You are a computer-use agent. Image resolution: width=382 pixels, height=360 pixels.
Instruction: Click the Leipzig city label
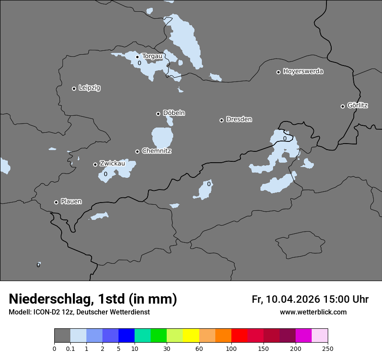pyautogui.click(x=89, y=88)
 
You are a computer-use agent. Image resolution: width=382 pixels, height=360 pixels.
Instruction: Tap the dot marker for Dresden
pyautogui.click(x=221, y=120)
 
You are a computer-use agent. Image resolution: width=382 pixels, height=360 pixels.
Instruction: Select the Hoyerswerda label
pyautogui.click(x=303, y=72)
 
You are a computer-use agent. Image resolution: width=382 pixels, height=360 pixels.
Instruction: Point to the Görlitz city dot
pyautogui.click(x=342, y=106)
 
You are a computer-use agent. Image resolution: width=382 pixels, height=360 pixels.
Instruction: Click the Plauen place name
pyautogui.click(x=71, y=202)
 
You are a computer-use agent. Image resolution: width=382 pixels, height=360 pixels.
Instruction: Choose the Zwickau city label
pyautogui.click(x=112, y=164)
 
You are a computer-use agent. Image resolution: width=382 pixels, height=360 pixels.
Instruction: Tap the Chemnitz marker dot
pyautogui.click(x=137, y=151)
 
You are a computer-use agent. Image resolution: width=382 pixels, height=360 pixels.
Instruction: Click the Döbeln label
pyautogui.click(x=174, y=113)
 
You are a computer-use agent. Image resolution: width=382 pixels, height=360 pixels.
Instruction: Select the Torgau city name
pyautogui.click(x=152, y=56)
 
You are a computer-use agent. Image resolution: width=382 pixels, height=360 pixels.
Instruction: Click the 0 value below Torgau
pyautogui.click(x=139, y=63)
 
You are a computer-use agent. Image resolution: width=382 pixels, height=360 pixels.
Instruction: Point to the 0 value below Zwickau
pyautogui.click(x=105, y=174)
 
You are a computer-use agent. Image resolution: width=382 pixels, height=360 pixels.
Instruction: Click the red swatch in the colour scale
pyautogui.click(x=239, y=336)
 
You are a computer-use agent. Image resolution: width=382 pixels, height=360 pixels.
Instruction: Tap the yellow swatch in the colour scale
pyautogui.click(x=191, y=336)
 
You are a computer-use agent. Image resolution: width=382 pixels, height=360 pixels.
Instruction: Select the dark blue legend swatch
pyautogui.click(x=126, y=336)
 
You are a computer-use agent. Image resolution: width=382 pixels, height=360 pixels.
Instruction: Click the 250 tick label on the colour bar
pyautogui.click(x=328, y=348)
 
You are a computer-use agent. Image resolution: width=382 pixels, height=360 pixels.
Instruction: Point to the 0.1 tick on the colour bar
pyautogui.click(x=70, y=348)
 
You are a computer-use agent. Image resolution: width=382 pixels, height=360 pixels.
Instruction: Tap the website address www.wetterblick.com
pyautogui.click(x=313, y=312)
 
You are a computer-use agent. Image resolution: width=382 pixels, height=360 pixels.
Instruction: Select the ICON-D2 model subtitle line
pyautogui.click(x=79, y=312)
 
